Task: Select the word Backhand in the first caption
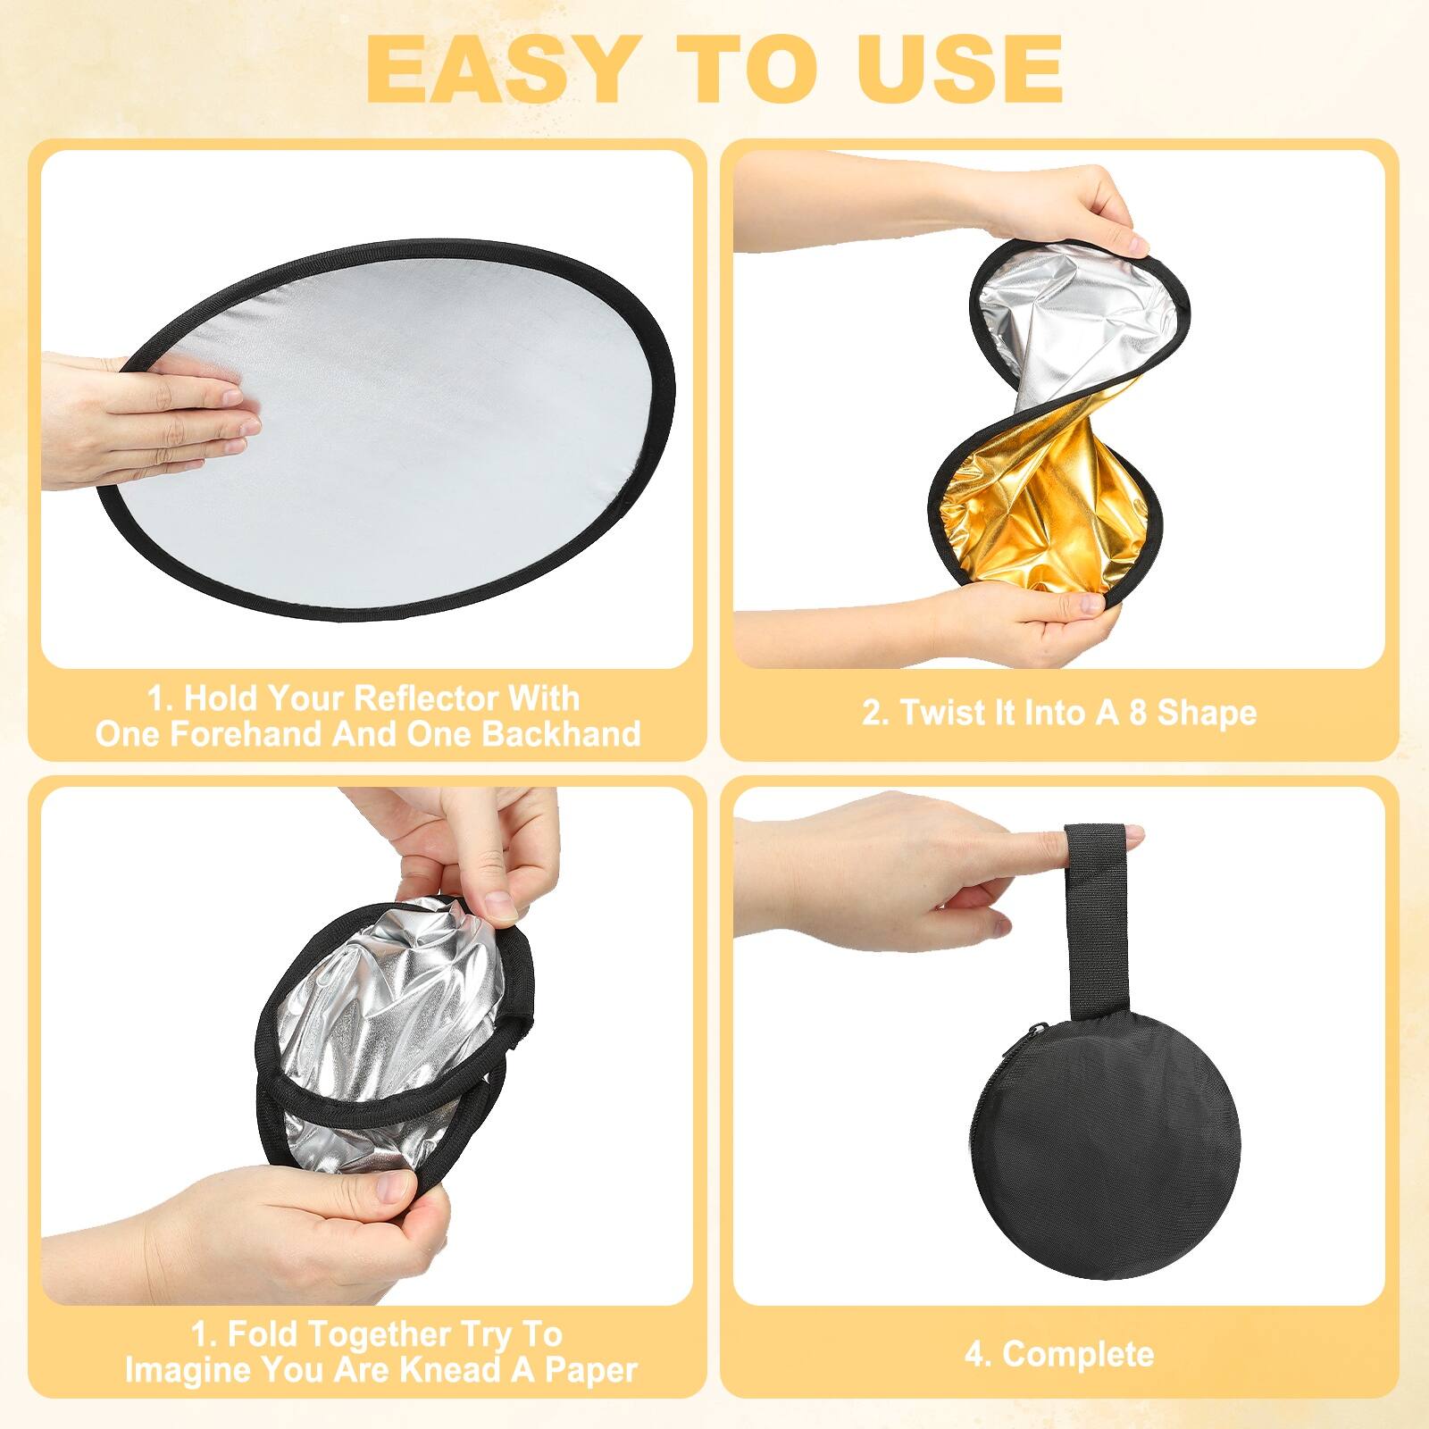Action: coord(562,734)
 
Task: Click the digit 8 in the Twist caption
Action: coord(1137,713)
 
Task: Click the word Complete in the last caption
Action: coord(1078,1354)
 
